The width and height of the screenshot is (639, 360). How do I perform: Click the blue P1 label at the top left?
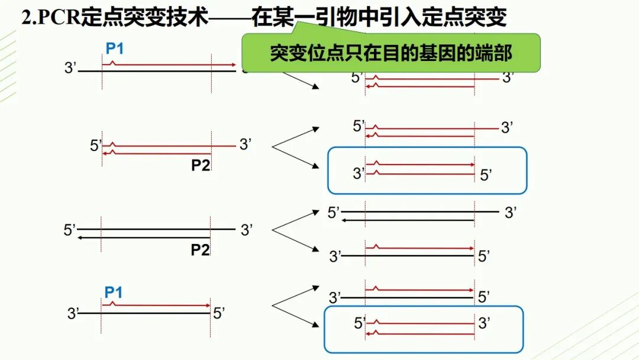(115, 49)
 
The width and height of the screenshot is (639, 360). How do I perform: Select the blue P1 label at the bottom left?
(114, 292)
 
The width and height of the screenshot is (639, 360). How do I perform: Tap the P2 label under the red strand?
(201, 165)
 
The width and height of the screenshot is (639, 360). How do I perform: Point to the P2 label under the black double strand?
(201, 250)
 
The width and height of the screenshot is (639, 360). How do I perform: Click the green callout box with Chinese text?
(391, 53)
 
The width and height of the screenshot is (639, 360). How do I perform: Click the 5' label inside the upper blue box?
(486, 175)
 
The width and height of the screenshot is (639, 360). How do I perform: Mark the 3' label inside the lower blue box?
(485, 323)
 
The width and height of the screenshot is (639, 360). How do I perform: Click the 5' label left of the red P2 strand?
(96, 146)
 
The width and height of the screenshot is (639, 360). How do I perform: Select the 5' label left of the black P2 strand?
(70, 230)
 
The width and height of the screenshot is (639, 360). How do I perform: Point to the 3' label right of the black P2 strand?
(247, 230)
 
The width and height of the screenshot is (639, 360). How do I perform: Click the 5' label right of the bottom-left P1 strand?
(219, 313)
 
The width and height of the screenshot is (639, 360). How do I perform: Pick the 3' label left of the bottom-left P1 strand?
(73, 314)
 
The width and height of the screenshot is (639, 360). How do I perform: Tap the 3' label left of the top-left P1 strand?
(70, 69)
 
